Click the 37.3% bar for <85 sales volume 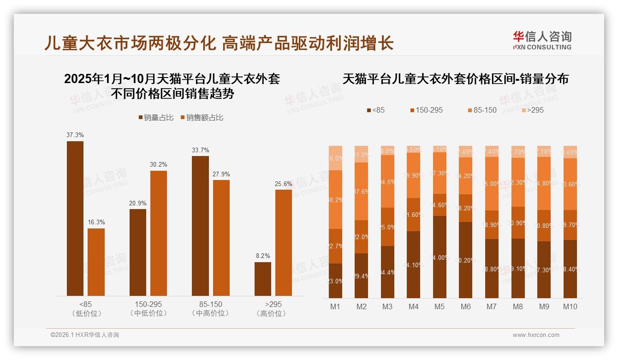pyautogui.click(x=75, y=218)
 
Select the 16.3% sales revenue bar pyautogui.click(x=96, y=262)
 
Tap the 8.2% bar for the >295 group pyautogui.click(x=263, y=279)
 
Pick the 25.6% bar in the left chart pyautogui.click(x=284, y=242)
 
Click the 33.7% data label pyautogui.click(x=200, y=150)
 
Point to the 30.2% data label pyautogui.click(x=159, y=165)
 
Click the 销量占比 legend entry pyautogui.click(x=156, y=118)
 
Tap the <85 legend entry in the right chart pyautogui.click(x=375, y=110)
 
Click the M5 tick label pyautogui.click(x=440, y=306)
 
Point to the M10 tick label pyautogui.click(x=570, y=306)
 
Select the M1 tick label pyautogui.click(x=335, y=306)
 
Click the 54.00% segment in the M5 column pyautogui.click(x=440, y=257)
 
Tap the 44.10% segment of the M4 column pyautogui.click(x=414, y=264)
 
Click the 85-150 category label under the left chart pyautogui.click(x=210, y=305)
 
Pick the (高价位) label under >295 pyautogui.click(x=273, y=313)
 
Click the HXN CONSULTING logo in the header pyautogui.click(x=542, y=40)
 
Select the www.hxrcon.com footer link pyautogui.click(x=536, y=335)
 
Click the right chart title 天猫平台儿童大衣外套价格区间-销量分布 pyautogui.click(x=455, y=79)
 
